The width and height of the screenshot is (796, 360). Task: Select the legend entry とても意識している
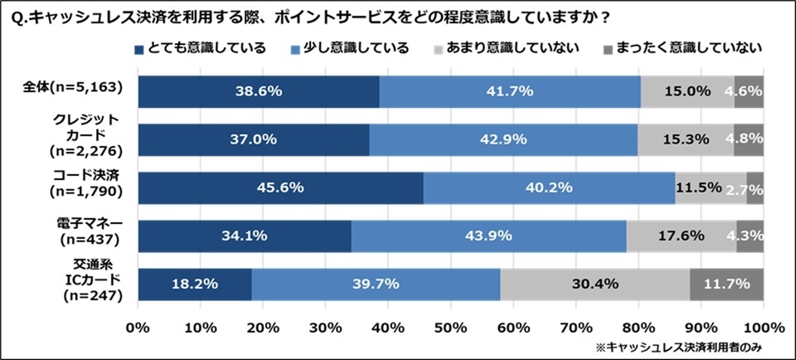tap(199, 47)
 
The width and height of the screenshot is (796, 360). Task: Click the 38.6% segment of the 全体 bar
tap(258, 91)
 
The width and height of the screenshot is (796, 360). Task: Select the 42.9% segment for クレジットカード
tap(503, 139)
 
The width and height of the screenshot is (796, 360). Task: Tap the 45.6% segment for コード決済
tap(280, 187)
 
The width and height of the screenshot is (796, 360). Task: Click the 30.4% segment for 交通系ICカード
tap(595, 284)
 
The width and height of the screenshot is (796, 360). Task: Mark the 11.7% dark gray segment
tap(726, 284)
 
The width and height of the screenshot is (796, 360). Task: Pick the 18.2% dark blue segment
tap(194, 284)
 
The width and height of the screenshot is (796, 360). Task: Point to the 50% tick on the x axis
tap(450, 327)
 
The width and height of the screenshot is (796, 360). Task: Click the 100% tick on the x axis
tap(763, 327)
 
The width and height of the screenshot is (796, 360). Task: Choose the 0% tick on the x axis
tap(138, 327)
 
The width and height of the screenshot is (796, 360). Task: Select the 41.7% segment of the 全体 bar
tap(510, 91)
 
